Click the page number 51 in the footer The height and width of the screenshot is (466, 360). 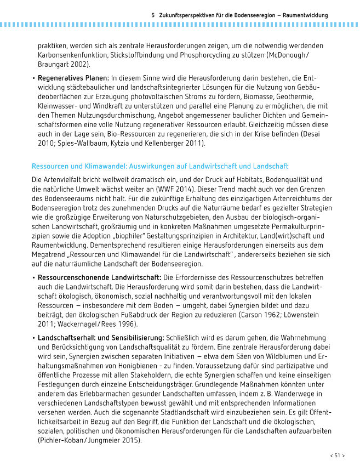pyautogui.click(x=337, y=456)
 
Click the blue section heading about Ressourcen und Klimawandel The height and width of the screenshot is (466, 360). pyautogui.click(x=160, y=166)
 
